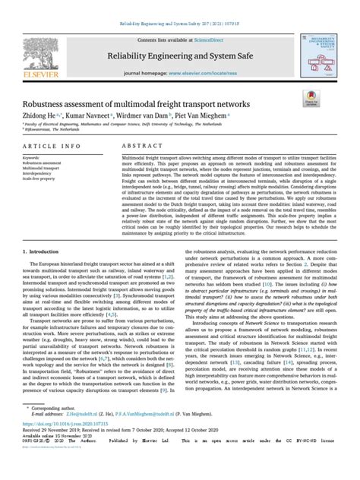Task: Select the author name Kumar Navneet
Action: (x=89, y=116)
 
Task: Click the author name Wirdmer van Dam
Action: (x=144, y=116)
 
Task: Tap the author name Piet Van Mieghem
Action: (x=206, y=116)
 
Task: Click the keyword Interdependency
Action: (x=43, y=172)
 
